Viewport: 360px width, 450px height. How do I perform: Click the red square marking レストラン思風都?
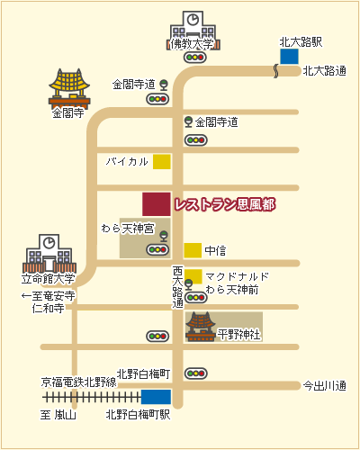[157, 204]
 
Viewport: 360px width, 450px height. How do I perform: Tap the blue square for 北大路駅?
[289, 57]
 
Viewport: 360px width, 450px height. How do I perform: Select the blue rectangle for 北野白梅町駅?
[156, 397]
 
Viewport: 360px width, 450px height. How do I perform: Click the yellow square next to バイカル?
[162, 162]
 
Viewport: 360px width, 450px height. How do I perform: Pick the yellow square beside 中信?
[193, 250]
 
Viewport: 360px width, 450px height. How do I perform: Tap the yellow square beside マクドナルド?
[193, 276]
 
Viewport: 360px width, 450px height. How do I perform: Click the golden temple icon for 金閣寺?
[69, 89]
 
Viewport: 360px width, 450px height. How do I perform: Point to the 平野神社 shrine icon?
[201, 327]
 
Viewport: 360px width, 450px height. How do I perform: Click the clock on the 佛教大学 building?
[193, 20]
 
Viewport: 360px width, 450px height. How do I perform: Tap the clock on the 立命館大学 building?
[49, 242]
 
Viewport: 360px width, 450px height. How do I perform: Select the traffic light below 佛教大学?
[195, 57]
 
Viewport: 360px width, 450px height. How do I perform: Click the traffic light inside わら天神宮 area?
[157, 249]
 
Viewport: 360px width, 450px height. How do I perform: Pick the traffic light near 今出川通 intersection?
[196, 373]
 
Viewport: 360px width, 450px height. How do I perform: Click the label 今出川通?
[324, 385]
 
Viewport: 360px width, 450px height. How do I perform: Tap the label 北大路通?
[324, 71]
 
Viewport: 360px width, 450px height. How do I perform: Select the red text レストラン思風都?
[224, 205]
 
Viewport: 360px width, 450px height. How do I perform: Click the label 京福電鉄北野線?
[78, 382]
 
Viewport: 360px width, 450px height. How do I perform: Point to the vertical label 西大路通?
[177, 287]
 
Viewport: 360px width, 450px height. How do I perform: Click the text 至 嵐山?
[58, 415]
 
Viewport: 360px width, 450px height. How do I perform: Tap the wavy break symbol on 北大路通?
[275, 71]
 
